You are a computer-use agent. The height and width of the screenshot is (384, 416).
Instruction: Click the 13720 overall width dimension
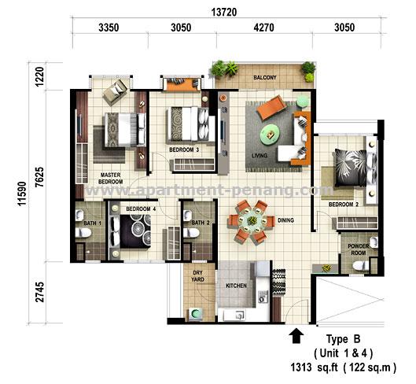(x=224, y=13)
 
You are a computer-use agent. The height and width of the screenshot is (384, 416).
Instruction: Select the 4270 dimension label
(x=263, y=28)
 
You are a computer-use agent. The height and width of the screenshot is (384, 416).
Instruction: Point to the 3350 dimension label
(x=109, y=28)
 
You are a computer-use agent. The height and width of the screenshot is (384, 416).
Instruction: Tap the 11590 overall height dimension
(x=22, y=194)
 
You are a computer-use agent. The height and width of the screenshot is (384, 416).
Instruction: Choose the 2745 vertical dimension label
(x=40, y=292)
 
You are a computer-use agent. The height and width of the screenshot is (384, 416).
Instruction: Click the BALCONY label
(x=265, y=78)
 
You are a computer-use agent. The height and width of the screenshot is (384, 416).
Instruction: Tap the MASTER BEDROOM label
(x=110, y=179)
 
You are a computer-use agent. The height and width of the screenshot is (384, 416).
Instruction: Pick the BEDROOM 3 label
(x=184, y=150)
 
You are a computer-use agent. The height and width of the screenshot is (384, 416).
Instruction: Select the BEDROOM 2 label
(x=344, y=205)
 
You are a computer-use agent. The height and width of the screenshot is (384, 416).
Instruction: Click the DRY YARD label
(x=198, y=276)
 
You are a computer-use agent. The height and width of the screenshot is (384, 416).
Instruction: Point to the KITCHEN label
(x=236, y=286)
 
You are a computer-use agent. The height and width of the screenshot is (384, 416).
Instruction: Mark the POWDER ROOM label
(x=359, y=249)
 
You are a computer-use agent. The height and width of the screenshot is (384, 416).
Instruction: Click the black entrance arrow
(x=296, y=336)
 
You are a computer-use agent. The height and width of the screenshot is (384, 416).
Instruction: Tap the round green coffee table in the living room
(x=270, y=135)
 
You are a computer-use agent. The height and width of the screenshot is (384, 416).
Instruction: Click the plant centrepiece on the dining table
(x=252, y=220)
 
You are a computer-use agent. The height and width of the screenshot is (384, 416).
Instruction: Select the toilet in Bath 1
(x=83, y=232)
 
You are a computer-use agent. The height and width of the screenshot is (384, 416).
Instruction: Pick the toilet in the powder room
(x=361, y=265)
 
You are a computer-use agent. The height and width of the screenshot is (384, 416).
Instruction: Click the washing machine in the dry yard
(x=196, y=315)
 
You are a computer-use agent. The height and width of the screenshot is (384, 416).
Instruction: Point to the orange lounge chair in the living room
(x=271, y=108)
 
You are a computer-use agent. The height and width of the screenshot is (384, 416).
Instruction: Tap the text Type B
(x=344, y=339)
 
